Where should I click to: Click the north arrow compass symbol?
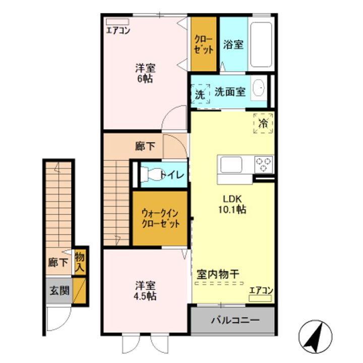click(316, 336)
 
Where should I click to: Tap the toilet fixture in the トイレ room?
click(151, 174)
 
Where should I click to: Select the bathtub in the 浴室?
click(262, 45)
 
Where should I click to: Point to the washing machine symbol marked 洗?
click(200, 94)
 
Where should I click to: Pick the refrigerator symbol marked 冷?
click(263, 123)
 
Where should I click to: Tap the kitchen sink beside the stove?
click(231, 165)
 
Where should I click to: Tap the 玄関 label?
click(57, 291)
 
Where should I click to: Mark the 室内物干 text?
click(217, 275)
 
